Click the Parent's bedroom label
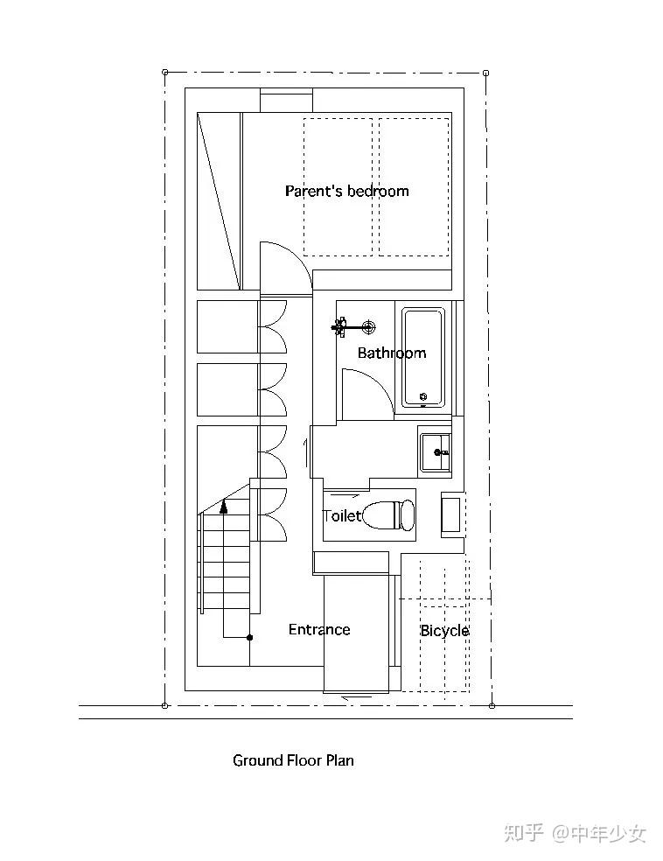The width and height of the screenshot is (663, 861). (x=347, y=191)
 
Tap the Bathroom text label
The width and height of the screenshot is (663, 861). (x=392, y=353)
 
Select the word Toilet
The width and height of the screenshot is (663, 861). (x=343, y=515)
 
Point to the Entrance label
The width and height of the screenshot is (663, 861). (x=319, y=629)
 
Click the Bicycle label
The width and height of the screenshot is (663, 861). (x=444, y=631)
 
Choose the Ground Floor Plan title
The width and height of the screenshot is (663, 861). (x=293, y=760)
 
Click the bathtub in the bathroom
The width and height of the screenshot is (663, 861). (x=422, y=358)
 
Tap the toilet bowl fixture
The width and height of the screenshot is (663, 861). (x=390, y=514)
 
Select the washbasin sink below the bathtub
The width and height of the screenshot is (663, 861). (x=436, y=451)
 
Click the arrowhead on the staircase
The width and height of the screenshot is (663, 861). (x=223, y=507)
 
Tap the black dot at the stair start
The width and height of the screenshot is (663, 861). (x=250, y=638)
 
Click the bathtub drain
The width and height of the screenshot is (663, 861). (x=423, y=395)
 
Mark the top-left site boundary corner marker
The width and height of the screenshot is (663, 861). (x=165, y=72)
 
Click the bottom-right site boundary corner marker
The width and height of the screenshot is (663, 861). (x=492, y=705)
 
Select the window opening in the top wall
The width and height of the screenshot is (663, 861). (x=286, y=100)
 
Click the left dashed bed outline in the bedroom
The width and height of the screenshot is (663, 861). (x=338, y=187)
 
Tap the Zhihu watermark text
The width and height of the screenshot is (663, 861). (x=576, y=834)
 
